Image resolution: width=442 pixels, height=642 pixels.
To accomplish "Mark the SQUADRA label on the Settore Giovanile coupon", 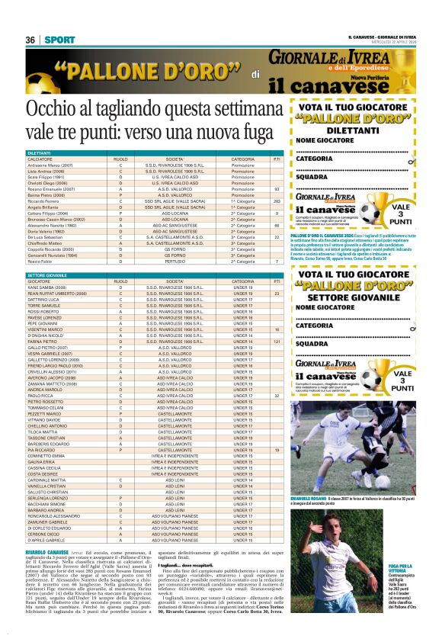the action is [312, 344].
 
